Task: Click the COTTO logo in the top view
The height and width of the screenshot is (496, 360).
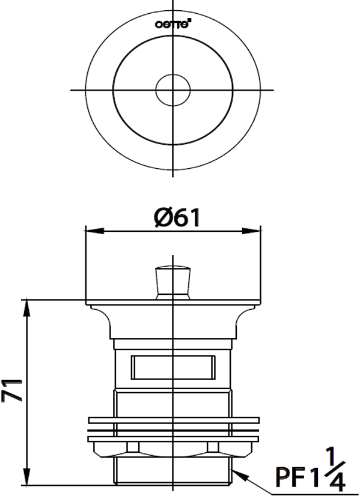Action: (173, 25)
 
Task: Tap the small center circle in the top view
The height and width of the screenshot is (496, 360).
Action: (173, 90)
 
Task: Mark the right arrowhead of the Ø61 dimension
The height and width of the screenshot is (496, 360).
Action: (255, 230)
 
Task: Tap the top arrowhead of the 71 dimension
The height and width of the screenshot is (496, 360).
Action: (27, 304)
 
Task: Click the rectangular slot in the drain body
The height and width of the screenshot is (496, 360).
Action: (172, 366)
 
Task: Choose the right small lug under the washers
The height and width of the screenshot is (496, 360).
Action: (212, 447)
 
